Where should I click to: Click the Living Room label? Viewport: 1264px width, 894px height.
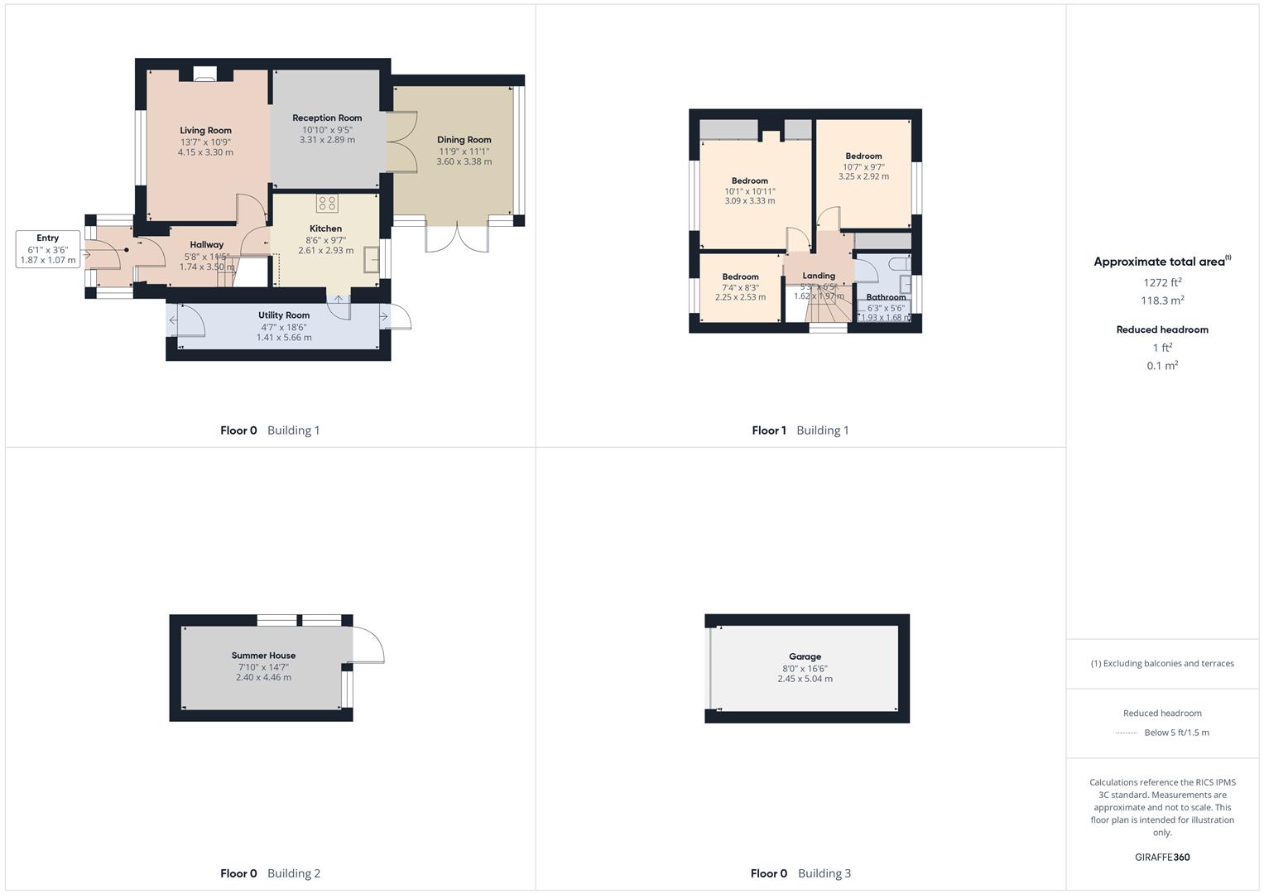pos(206,130)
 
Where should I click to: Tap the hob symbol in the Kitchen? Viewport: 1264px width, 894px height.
pos(327,204)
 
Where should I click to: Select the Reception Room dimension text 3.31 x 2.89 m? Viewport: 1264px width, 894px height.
pos(327,140)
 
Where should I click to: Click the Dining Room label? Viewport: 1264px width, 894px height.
pos(464,140)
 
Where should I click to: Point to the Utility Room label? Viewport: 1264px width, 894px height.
pos(284,315)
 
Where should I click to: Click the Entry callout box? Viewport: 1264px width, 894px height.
pos(48,249)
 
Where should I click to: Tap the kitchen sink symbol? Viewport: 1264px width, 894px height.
pos(372,260)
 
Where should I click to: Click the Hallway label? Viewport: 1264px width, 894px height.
pos(206,244)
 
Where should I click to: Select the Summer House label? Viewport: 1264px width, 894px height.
pos(263,655)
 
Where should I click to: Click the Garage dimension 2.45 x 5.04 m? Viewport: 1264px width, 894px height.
pos(805,679)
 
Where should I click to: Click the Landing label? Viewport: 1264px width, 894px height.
pos(819,276)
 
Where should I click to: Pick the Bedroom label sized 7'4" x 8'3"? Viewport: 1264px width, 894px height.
pos(740,276)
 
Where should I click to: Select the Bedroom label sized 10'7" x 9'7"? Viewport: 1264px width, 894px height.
pos(863,156)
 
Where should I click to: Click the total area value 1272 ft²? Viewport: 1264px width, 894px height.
pos(1162,282)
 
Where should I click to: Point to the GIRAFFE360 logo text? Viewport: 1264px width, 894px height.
pos(1162,857)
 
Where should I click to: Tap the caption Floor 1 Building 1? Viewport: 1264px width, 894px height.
pos(800,430)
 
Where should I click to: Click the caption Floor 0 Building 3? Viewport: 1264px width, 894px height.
pos(800,872)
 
